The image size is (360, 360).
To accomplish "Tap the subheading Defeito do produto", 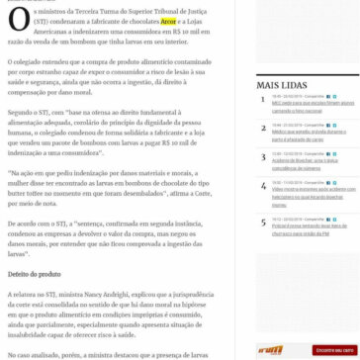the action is [x=35, y=275].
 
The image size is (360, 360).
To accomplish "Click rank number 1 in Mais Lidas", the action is [x=262, y=99].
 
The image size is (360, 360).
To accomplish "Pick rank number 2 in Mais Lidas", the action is [x=262, y=128].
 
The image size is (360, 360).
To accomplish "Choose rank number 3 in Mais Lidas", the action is [x=262, y=156].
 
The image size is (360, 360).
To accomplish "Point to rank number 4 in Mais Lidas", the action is [x=262, y=185].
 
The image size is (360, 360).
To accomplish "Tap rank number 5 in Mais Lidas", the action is [x=262, y=222].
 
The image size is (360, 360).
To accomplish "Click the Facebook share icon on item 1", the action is [x=328, y=97].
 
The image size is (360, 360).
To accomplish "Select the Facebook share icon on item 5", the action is [x=328, y=220].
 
